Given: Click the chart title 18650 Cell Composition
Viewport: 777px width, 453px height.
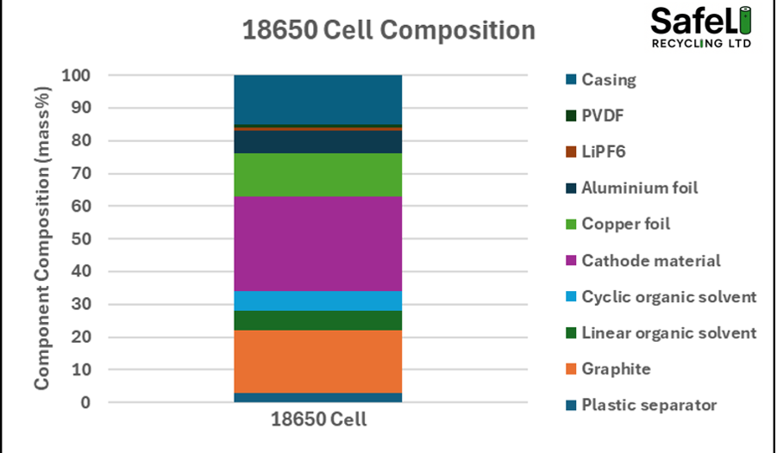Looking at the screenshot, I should coord(388,30).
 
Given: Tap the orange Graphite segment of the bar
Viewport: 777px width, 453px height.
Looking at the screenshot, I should coord(317,361).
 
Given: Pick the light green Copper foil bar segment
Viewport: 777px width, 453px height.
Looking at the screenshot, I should coord(317,175).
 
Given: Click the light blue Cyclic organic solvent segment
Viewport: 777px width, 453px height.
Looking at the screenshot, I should coord(317,301).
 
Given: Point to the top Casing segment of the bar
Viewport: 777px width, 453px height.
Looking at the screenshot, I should coord(317,99).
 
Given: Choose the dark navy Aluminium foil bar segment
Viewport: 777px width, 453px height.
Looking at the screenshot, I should coord(317,142).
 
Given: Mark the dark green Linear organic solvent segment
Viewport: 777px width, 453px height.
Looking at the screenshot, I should coord(317,320).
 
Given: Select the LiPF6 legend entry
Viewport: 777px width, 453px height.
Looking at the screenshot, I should coord(603,152).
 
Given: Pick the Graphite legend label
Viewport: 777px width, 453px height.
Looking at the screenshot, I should coord(616,369).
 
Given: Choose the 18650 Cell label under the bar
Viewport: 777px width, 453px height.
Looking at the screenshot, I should coord(318,421).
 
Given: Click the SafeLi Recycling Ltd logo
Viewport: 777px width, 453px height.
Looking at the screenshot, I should coord(700,28).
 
